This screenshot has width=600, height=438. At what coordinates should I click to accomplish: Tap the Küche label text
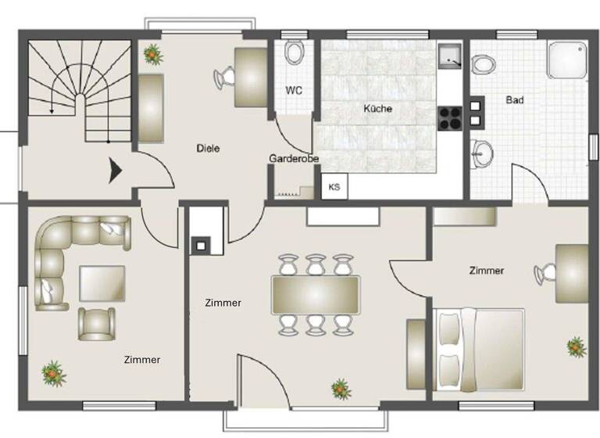377,109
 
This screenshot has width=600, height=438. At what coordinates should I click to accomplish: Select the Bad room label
515,100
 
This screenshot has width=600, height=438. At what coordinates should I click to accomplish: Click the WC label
294,90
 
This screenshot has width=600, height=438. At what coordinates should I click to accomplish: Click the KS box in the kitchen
334,187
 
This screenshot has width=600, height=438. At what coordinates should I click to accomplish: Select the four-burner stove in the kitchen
452,117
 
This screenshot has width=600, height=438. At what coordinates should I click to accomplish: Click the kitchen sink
451,56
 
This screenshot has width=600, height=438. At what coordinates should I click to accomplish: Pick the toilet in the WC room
295,53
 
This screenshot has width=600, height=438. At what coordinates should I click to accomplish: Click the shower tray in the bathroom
566,59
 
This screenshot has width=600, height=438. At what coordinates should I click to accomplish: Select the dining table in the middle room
315,295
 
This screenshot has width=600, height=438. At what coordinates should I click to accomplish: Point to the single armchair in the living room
96,323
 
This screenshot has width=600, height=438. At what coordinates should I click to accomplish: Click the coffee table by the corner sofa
102,283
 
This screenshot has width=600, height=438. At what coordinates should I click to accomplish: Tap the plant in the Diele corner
152,55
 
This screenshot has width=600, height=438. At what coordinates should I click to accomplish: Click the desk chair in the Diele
225,77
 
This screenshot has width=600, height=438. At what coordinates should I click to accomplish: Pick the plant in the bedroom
577,346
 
